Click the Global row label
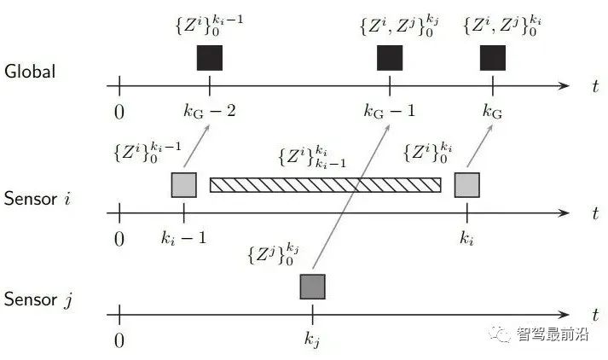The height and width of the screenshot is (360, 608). click(x=30, y=71)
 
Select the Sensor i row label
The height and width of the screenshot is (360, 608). click(x=39, y=200)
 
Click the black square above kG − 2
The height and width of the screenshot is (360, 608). click(x=209, y=58)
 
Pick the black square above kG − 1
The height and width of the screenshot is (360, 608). click(x=390, y=58)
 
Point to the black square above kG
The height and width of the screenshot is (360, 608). click(x=493, y=58)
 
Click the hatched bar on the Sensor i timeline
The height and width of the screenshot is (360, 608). click(x=325, y=184)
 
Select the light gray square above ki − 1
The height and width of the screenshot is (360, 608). click(x=184, y=184)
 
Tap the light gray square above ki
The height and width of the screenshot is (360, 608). click(x=466, y=184)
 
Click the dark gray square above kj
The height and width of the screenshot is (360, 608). click(x=313, y=286)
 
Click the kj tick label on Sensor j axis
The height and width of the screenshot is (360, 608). click(x=313, y=340)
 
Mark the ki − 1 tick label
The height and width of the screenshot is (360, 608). click(x=184, y=237)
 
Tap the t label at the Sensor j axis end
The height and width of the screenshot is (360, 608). click(x=594, y=314)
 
